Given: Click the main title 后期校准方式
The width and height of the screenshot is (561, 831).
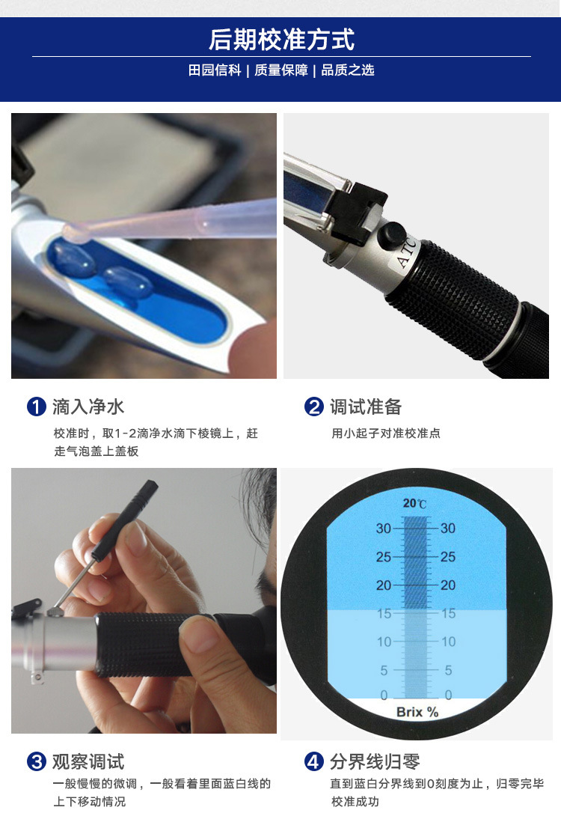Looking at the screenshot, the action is [x=281, y=39].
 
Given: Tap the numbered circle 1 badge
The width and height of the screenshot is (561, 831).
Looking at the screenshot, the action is [x=37, y=407].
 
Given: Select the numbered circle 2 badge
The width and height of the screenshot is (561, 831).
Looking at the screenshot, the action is [x=314, y=407].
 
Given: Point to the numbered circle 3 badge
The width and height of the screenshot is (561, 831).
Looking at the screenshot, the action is [x=37, y=761].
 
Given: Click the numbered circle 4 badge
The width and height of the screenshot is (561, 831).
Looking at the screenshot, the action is [x=314, y=761].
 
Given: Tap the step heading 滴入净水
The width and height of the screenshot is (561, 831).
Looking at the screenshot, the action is [x=88, y=407].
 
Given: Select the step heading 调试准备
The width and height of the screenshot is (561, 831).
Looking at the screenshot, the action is [x=366, y=407].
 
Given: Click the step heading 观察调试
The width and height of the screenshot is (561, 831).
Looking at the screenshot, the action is [x=88, y=761].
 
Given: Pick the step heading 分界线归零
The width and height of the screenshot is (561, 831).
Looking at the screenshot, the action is [x=375, y=761].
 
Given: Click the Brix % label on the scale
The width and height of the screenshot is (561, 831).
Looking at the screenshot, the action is [x=417, y=712].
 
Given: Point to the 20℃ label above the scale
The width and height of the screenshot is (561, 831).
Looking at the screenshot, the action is [x=414, y=503].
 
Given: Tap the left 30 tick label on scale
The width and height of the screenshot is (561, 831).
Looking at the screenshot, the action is [x=384, y=529].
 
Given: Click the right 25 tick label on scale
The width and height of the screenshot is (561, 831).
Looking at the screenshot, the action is [x=448, y=556].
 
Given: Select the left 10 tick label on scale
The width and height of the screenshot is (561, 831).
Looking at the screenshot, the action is [x=384, y=642].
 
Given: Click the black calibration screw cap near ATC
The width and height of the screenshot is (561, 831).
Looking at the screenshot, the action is [x=391, y=235].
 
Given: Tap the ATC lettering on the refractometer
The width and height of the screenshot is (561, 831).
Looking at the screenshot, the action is [x=407, y=253].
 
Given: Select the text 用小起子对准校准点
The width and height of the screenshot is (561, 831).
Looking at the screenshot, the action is [x=386, y=433].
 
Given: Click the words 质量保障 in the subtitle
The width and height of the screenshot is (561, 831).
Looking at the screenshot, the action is [x=281, y=70].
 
